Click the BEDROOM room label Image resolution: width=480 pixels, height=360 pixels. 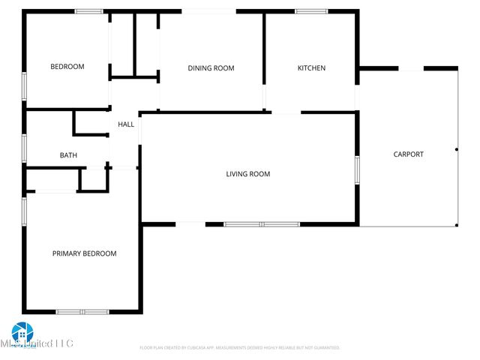67,67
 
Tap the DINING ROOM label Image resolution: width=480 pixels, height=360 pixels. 211,68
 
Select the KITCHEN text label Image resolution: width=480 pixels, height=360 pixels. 311,68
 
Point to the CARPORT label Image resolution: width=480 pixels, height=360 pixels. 409,154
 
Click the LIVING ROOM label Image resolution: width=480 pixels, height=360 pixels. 248,174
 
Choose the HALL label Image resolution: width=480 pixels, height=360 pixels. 126,124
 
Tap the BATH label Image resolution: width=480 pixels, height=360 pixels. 68,155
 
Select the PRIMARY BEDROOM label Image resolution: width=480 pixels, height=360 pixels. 84,253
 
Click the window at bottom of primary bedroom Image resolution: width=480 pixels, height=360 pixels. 82,311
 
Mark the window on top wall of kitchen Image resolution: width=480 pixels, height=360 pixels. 310,11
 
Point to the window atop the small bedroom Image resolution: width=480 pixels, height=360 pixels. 88,11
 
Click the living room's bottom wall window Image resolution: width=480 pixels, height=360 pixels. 262,223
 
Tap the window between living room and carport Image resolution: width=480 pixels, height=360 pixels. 357,169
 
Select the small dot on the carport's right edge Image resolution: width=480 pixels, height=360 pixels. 456,150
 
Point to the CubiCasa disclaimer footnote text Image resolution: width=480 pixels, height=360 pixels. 240,348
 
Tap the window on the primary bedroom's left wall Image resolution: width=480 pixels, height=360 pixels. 25,210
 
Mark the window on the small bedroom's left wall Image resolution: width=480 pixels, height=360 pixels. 25,86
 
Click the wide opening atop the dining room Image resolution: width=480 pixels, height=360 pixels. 208,11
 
